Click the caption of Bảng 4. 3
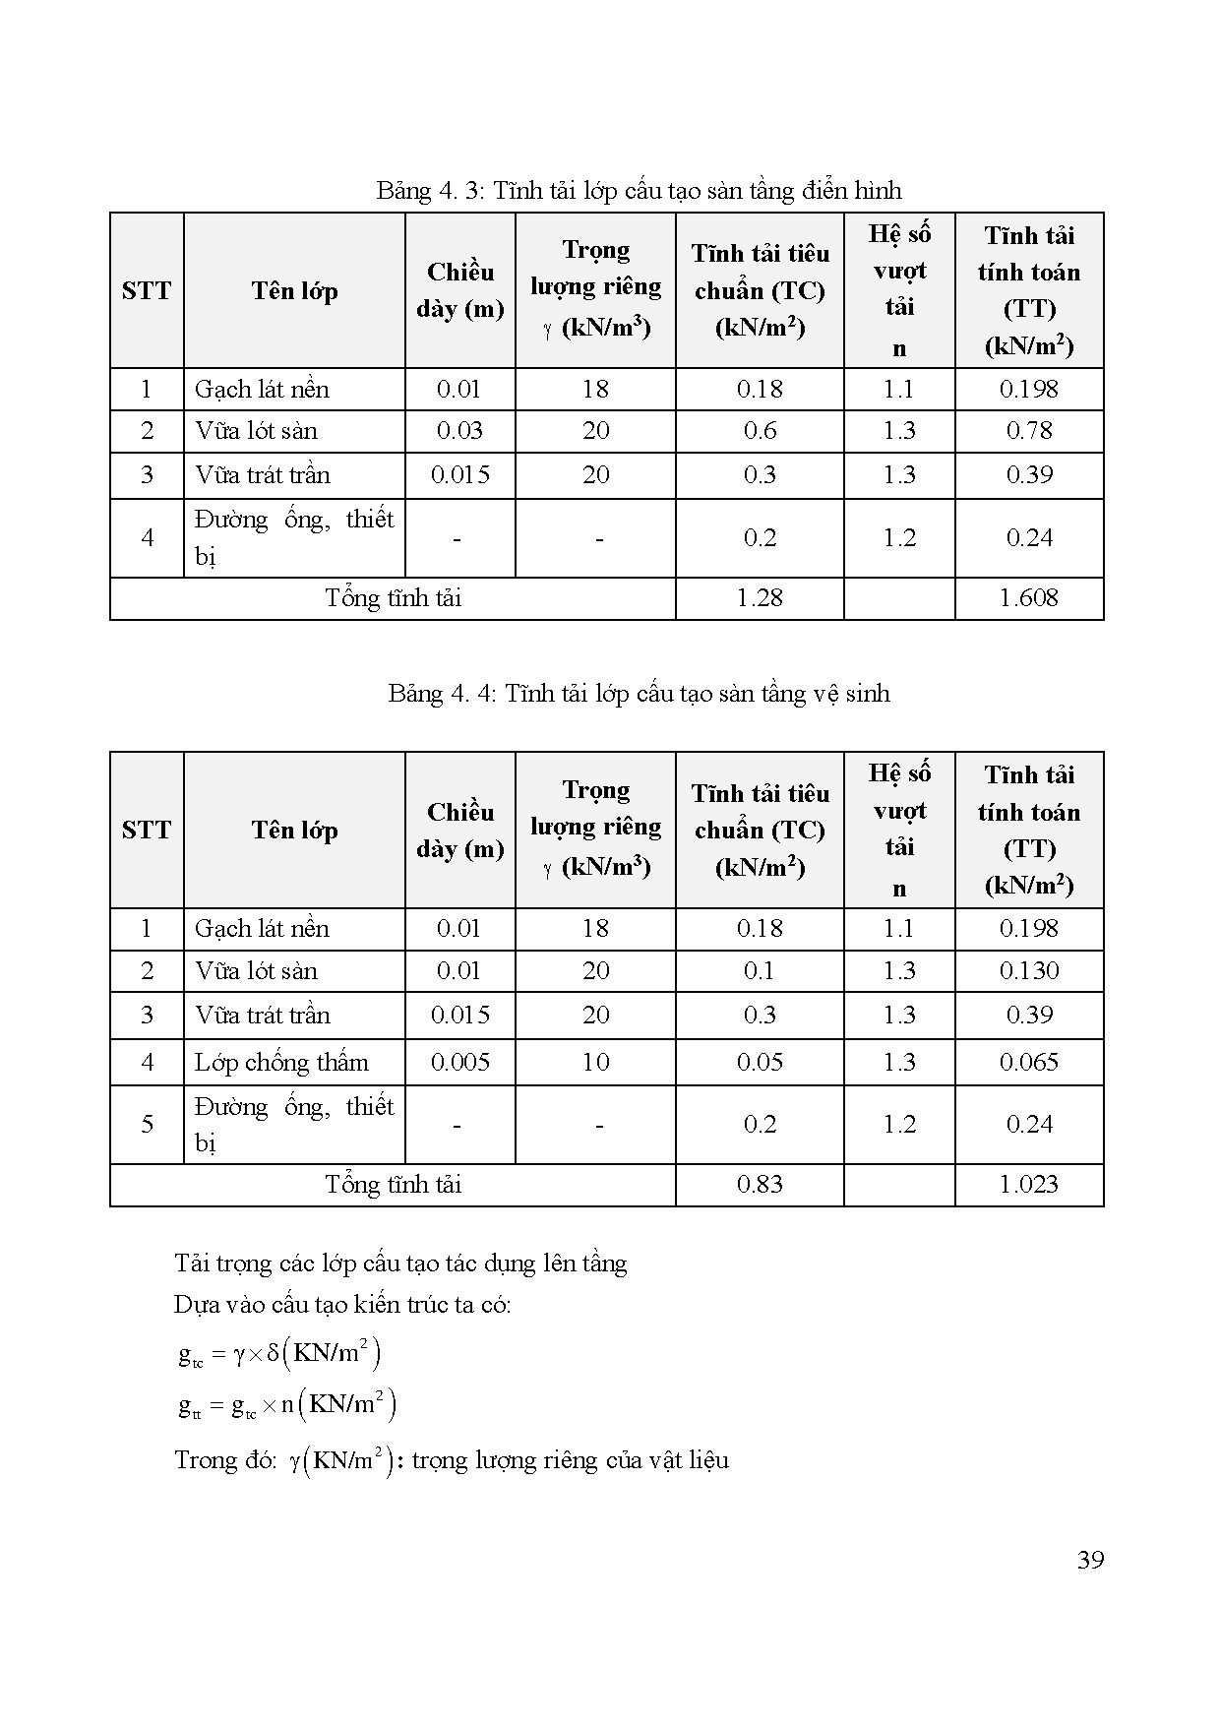639,190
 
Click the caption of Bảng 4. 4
639,694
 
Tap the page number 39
1090,1561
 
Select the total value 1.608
1028,598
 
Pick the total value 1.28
760,598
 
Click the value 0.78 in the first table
1029,431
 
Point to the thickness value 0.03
459,431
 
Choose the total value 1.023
1028,1185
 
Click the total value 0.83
760,1185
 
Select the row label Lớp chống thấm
281,1063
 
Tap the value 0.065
1029,1063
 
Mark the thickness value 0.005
459,1063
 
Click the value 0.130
1029,971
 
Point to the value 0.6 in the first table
760,431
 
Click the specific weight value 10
595,1063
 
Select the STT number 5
148,1125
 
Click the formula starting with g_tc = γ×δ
279,1355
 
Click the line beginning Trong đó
452,1460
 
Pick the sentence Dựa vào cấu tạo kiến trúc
342,1305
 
